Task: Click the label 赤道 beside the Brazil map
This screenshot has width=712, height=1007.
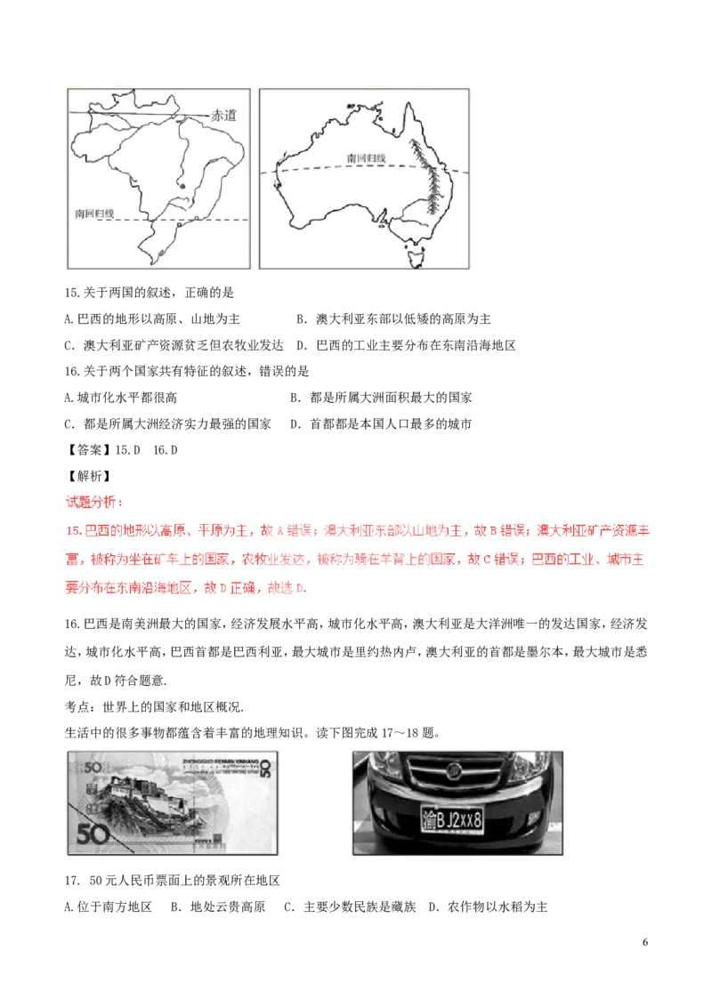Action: (x=224, y=115)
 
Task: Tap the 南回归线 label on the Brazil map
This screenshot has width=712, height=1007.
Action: (x=94, y=213)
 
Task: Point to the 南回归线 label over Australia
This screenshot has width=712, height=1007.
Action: (x=367, y=158)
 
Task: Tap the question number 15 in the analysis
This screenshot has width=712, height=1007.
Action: (x=73, y=531)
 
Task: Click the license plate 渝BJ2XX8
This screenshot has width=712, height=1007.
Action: (x=452, y=819)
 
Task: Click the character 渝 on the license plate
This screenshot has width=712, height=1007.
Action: (x=430, y=820)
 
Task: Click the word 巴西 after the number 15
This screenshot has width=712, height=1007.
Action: (x=92, y=531)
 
